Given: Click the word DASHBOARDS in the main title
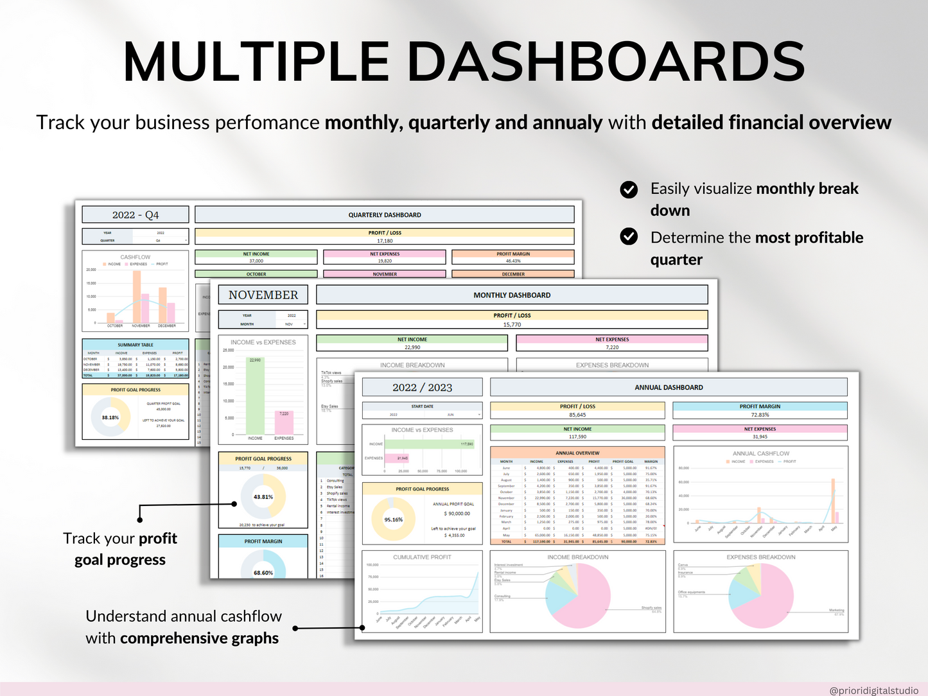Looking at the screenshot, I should tap(606, 62).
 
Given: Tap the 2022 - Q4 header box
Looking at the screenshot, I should tap(136, 215).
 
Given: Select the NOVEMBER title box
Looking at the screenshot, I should tap(263, 295).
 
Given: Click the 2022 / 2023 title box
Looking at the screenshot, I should tap(422, 387).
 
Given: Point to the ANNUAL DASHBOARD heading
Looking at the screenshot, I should tap(669, 387).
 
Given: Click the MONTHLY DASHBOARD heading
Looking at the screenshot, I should tap(512, 295).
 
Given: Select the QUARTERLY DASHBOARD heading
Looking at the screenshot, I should tap(385, 215).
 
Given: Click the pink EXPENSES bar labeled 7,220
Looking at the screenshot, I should tap(284, 424).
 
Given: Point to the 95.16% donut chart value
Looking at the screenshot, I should tap(394, 519).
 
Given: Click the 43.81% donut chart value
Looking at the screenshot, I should tap(263, 497).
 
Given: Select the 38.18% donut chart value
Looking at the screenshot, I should tap(110, 417).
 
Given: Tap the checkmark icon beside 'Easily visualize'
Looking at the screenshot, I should tap(629, 189).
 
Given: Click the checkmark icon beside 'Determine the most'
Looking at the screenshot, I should tap(629, 237).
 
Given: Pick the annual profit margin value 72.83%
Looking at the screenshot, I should tap(760, 415).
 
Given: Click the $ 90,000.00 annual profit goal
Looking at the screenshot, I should tap(457, 514).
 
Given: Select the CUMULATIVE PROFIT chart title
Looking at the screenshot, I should tap(422, 557).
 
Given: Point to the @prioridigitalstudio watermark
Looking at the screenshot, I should tap(873, 690).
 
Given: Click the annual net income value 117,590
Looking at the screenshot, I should tap(577, 437).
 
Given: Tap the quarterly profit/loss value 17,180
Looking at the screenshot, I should tap(385, 241).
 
